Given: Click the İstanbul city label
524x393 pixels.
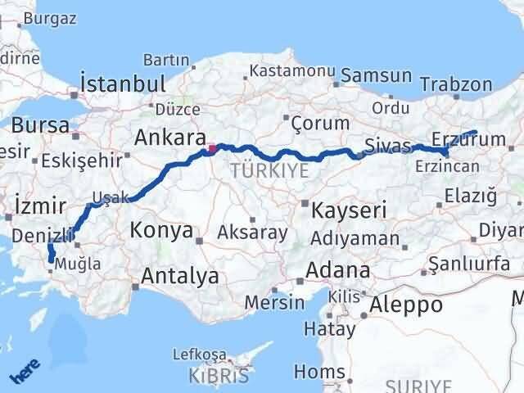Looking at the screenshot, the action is tap(123, 84).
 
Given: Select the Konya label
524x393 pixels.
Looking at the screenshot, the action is tap(162, 230).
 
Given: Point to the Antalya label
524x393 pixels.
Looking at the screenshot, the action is tap(179, 276).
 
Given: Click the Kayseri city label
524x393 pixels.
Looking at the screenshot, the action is tap(349, 210).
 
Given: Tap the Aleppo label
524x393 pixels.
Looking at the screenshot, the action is tap(406, 305).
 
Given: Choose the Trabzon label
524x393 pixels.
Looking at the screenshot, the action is tap(456, 84).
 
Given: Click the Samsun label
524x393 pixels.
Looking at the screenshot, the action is tap(376, 75).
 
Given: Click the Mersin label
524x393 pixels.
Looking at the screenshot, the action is tap(275, 302).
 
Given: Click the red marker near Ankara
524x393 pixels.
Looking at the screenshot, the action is tap(212, 149).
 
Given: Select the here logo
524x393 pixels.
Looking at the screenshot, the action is tap(25, 373).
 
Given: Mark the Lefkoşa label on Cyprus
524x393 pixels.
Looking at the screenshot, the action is tap(199, 354).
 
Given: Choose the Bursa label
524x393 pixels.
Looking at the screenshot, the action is tap(40, 126).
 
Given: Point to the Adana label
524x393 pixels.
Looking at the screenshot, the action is tap(337, 269).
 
